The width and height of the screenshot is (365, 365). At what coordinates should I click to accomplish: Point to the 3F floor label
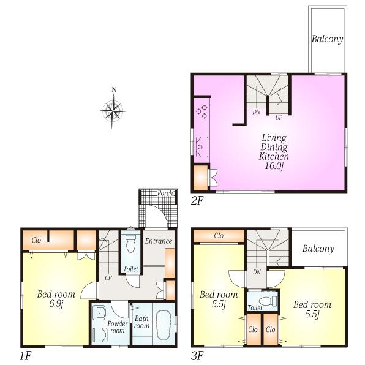coord(198,355)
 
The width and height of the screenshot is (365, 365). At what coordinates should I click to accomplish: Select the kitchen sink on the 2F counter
coord(201,148)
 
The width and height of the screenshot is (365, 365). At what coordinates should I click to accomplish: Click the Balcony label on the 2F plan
coord(327,40)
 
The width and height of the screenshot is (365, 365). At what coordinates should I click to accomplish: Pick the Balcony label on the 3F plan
coord(318,249)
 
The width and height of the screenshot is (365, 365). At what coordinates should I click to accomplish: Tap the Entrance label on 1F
coord(159,241)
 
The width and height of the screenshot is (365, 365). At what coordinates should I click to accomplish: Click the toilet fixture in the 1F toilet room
coord(130,244)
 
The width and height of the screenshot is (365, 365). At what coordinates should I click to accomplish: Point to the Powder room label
coord(117,326)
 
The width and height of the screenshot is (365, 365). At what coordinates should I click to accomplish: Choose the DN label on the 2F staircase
coord(257,112)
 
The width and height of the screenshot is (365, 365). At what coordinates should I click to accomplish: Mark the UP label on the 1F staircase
coord(108,277)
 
